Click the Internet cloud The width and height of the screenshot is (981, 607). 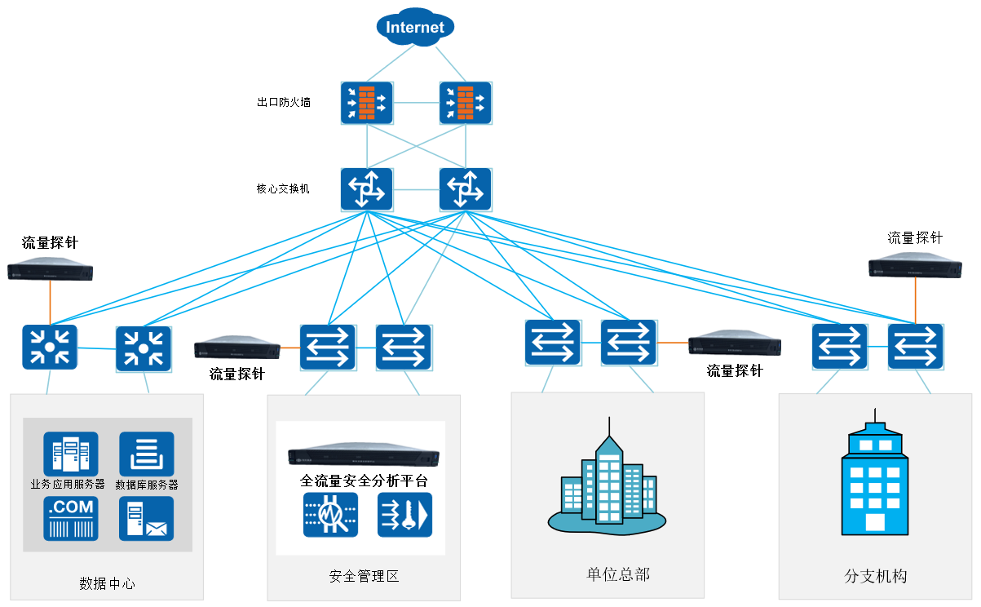point(415,28)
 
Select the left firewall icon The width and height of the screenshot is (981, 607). point(367,103)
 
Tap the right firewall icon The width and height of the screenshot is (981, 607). point(466,103)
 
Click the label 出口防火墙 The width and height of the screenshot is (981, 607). point(284,103)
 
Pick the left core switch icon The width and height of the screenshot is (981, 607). point(367,189)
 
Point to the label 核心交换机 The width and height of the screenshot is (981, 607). point(284,189)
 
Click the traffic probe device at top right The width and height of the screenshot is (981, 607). point(915,266)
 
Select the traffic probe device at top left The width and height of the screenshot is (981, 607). point(50,271)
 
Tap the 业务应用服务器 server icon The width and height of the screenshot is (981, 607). point(70,454)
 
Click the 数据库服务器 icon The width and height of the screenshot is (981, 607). point(147,454)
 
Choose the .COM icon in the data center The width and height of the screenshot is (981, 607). point(70,518)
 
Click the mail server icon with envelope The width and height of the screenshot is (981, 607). point(147,519)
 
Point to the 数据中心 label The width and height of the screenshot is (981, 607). point(108,583)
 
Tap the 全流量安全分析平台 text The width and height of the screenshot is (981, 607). point(364,481)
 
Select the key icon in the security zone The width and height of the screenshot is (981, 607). point(405,515)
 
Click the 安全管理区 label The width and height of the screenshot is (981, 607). point(364,577)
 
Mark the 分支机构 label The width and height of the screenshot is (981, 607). point(876,576)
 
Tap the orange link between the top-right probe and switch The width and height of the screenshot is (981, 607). point(915,300)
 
